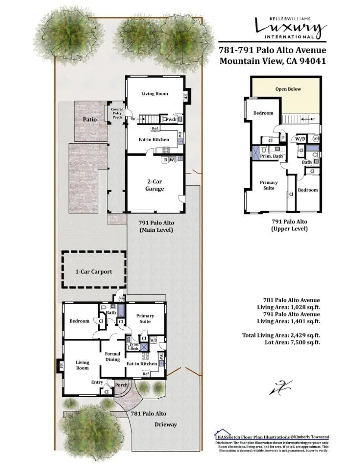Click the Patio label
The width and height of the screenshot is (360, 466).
click(x=90, y=119)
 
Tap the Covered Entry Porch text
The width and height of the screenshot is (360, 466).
click(x=117, y=113)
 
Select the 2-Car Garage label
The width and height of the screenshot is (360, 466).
click(x=154, y=186)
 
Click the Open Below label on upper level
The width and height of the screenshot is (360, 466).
click(x=288, y=89)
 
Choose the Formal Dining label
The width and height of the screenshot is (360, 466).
click(x=113, y=357)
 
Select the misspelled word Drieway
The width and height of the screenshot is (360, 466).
click(x=166, y=425)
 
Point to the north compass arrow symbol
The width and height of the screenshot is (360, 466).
click(x=281, y=387)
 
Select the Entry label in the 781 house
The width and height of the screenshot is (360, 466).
click(x=97, y=382)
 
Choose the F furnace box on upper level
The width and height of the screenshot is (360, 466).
click(x=283, y=138)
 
